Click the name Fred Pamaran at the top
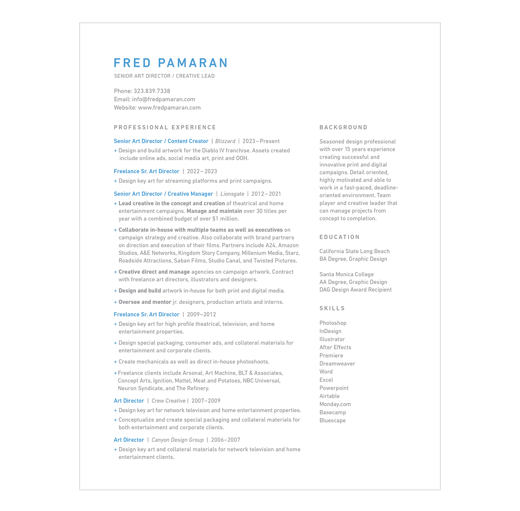click(171, 63)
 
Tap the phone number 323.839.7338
click(152, 91)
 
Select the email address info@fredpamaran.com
click(163, 99)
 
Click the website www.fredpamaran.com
click(169, 108)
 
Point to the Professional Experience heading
click(165, 127)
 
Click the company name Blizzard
click(225, 141)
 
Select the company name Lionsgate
click(232, 194)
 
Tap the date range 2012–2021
click(266, 194)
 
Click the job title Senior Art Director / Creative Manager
click(163, 194)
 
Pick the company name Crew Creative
click(168, 401)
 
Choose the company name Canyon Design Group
click(177, 440)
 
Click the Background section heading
click(344, 127)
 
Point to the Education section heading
click(340, 237)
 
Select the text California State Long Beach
click(354, 251)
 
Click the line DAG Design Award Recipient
click(355, 290)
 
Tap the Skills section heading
click(332, 308)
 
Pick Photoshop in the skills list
click(333, 323)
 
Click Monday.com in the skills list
click(335, 404)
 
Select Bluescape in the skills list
click(332, 420)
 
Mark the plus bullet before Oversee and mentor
click(115, 302)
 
